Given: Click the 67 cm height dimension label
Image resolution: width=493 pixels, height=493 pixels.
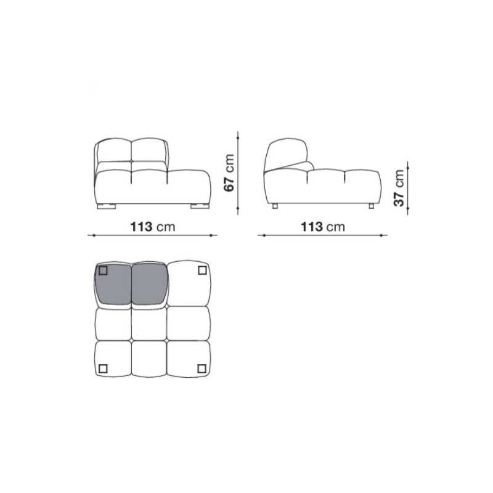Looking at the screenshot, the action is coord(229,173).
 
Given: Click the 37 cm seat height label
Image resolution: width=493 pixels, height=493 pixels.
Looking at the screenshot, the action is coord(399,188).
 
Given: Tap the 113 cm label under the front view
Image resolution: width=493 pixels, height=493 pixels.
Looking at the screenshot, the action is coord(152,227).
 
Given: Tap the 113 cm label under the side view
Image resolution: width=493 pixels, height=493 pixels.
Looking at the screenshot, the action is coord(323,227).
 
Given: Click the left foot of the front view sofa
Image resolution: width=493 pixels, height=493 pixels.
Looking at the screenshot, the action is coord(106,206).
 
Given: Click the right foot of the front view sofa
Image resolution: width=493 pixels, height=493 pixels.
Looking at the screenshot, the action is coord(200,206).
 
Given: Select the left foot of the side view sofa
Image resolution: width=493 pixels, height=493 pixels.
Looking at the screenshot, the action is coord(275,206).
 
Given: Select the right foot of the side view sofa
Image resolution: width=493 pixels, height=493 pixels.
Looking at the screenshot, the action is coord(372,206).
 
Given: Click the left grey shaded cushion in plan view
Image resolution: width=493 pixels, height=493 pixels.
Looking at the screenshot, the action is coord(113,285).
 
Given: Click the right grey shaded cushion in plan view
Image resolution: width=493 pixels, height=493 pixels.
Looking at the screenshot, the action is coord(149,285).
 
